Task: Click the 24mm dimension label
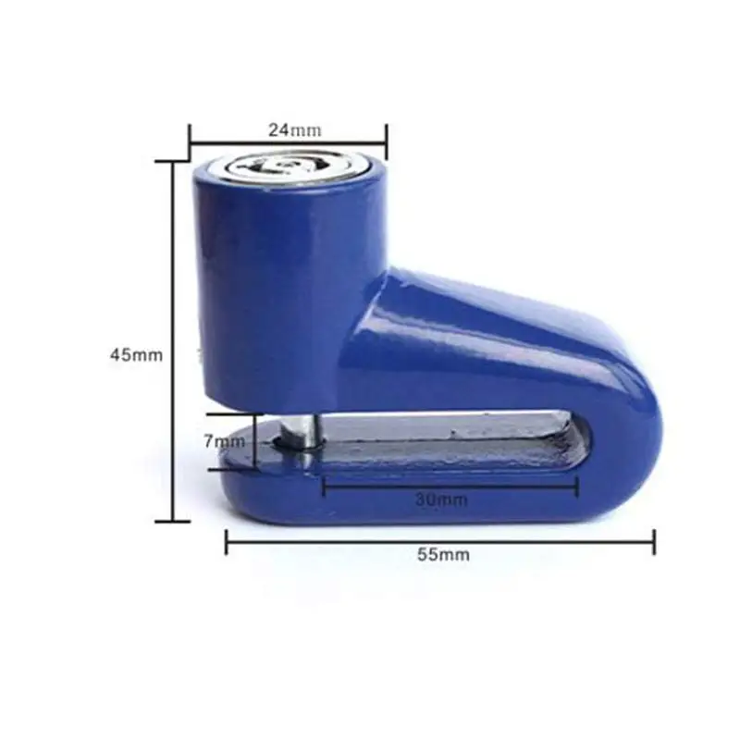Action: [x=295, y=129]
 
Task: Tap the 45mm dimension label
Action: [x=136, y=354]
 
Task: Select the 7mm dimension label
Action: [x=225, y=441]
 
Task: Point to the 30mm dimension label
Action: [x=442, y=499]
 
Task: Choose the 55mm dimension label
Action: [x=443, y=554]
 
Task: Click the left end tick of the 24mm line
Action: [x=190, y=142]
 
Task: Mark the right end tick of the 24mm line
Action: [x=387, y=142]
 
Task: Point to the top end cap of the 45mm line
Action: [x=173, y=161]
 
